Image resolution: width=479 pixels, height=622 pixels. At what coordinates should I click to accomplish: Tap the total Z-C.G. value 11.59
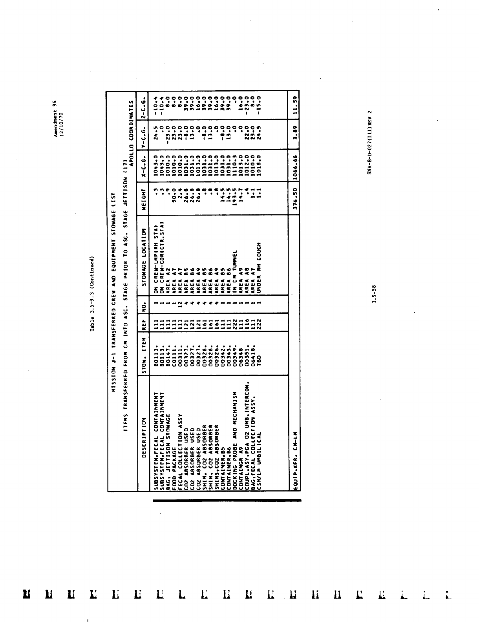295,103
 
